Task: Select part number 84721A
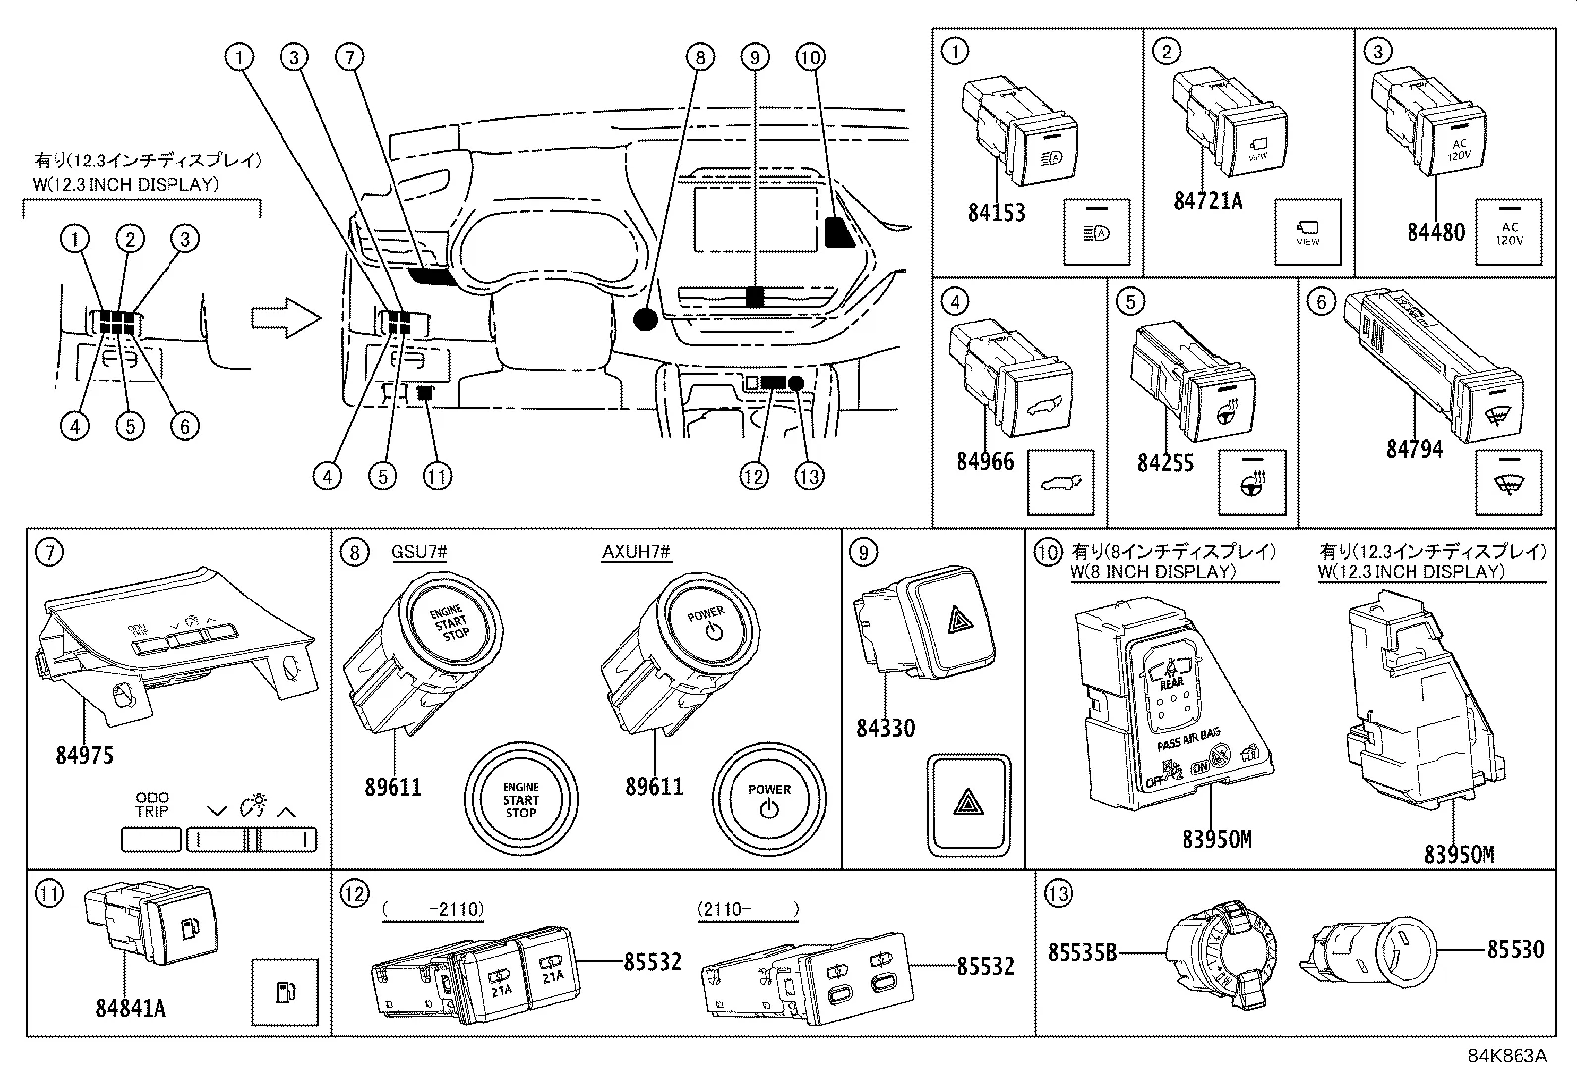click(x=1206, y=201)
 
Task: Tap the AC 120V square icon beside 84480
click(x=1508, y=232)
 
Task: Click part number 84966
click(x=985, y=462)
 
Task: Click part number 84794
click(x=1413, y=449)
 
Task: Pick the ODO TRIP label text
click(x=152, y=804)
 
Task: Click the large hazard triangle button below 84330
click(x=969, y=805)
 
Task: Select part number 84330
click(x=885, y=729)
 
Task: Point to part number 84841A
click(x=130, y=1008)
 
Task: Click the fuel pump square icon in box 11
click(x=284, y=992)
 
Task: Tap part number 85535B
click(x=1082, y=953)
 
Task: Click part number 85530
click(x=1515, y=950)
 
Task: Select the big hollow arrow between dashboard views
click(x=284, y=319)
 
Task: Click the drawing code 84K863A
click(x=1507, y=1055)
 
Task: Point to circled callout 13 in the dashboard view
click(x=810, y=476)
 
